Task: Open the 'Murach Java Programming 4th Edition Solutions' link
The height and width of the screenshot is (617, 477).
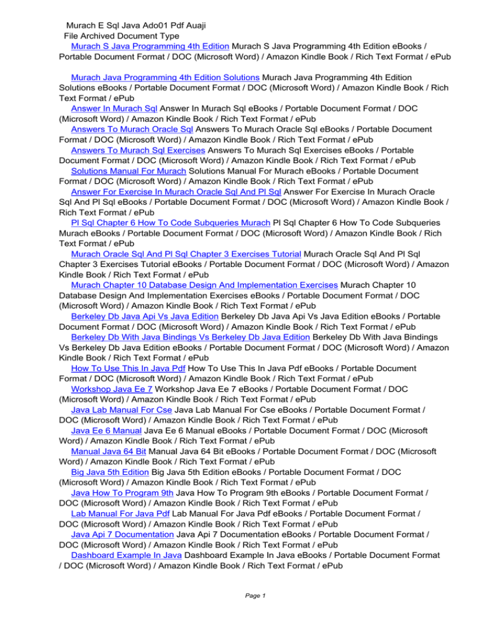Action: pos(165,77)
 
